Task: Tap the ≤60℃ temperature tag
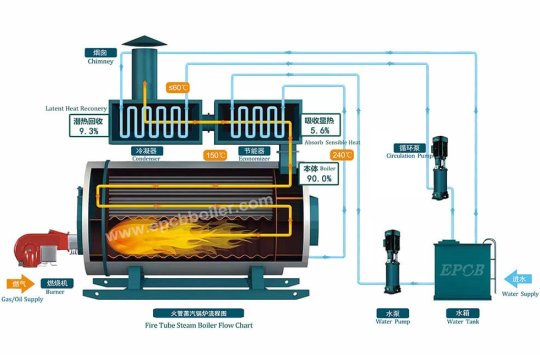click(x=178, y=88)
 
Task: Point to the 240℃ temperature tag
click(x=342, y=155)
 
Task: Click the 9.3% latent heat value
click(x=87, y=131)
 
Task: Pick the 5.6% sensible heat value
click(x=320, y=131)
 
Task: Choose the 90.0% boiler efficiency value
click(x=318, y=178)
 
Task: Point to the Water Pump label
click(x=393, y=317)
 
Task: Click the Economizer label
click(x=254, y=155)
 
